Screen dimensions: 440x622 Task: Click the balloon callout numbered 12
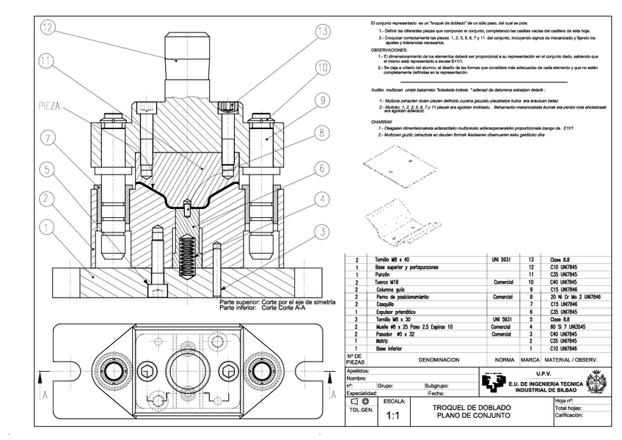pyautogui.click(x=48, y=29)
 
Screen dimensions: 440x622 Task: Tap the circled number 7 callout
pyautogui.click(x=48, y=137)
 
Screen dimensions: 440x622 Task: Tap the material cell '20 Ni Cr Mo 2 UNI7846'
pyautogui.click(x=571, y=297)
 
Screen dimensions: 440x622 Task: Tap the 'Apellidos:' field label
pyautogui.click(x=359, y=370)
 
